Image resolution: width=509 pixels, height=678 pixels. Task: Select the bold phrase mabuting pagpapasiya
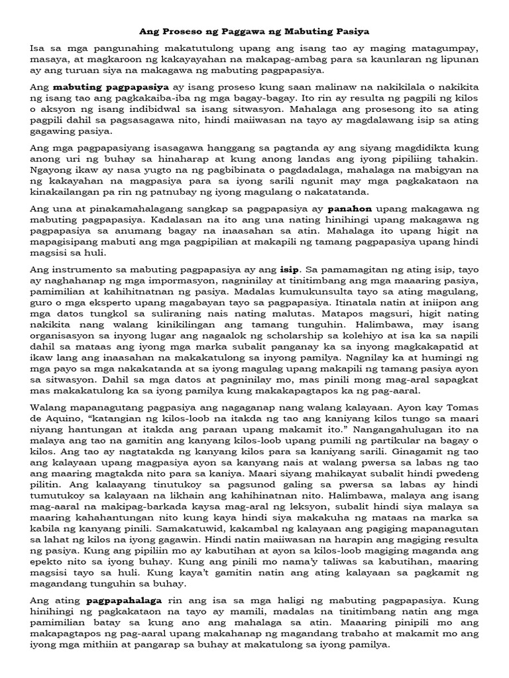point(110,87)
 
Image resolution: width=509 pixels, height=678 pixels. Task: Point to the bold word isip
point(290,269)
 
